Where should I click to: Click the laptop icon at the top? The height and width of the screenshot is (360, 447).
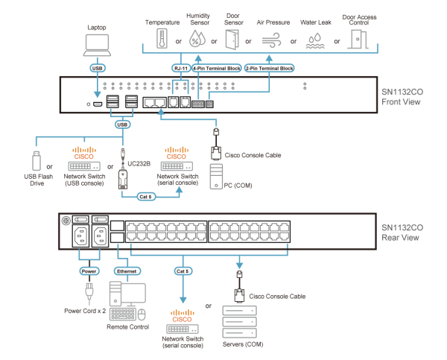[x=98, y=44]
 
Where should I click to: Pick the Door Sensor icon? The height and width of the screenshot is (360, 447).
[x=232, y=39]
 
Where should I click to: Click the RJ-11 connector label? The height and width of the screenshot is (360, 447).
[x=180, y=68]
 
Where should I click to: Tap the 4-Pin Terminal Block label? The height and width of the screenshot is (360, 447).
[x=216, y=68]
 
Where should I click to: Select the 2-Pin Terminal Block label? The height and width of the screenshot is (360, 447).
[x=269, y=68]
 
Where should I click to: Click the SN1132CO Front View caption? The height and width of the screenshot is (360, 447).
[x=402, y=96]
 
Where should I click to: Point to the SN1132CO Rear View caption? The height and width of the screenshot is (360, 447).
[x=402, y=232]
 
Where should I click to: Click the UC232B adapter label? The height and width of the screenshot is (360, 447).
[x=139, y=162]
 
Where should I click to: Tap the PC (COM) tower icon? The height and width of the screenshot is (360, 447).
[x=216, y=177]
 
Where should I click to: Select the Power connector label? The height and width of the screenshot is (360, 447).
[x=89, y=271]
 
